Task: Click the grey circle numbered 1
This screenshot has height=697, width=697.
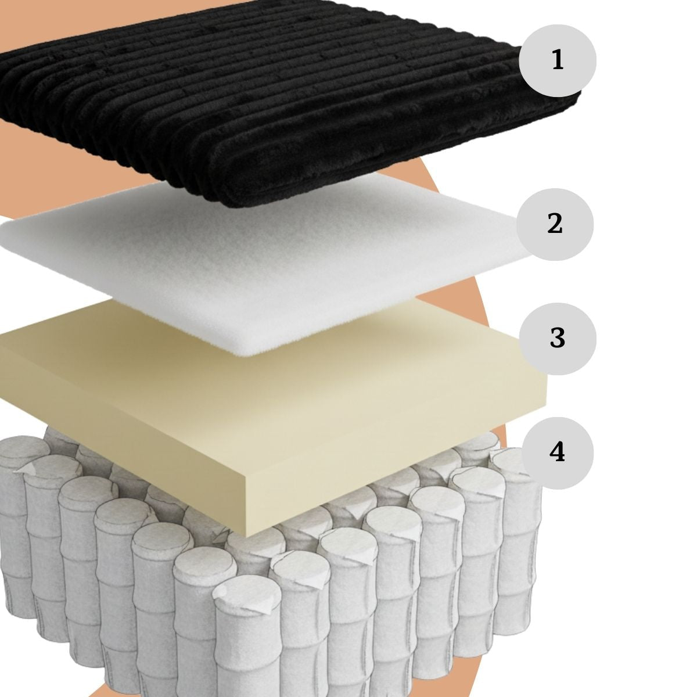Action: tap(558, 60)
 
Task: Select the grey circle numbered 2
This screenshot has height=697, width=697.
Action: tap(555, 224)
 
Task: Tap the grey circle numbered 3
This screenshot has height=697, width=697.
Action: tap(558, 339)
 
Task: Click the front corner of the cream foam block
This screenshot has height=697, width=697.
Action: tap(246, 536)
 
